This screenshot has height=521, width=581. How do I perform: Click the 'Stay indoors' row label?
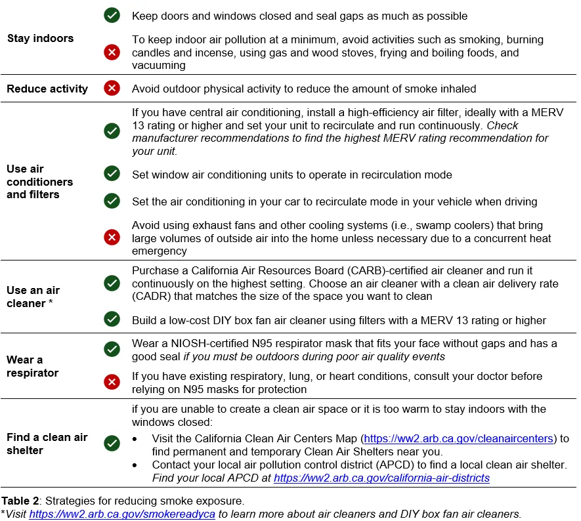point(40,39)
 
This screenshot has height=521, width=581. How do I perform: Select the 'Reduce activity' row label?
point(47,89)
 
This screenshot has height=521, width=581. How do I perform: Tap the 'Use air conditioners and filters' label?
point(39,182)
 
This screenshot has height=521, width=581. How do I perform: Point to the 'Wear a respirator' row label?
point(32,366)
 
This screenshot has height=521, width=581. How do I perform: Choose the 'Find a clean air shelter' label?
point(47,444)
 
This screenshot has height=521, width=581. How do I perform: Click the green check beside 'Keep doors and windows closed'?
point(112,15)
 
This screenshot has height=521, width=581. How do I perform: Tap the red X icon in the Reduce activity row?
point(112,88)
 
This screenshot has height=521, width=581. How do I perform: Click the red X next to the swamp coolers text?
point(112,238)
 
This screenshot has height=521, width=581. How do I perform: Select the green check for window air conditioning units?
point(112,174)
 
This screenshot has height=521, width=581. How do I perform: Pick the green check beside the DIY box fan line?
point(112,320)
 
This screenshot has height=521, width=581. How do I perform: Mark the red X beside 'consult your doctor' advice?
point(112,382)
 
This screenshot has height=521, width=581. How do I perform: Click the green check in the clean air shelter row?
point(112,444)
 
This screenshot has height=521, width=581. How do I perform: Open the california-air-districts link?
point(381,478)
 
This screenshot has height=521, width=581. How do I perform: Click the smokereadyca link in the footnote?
point(121,514)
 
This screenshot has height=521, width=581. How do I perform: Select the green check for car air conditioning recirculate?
point(112,201)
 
